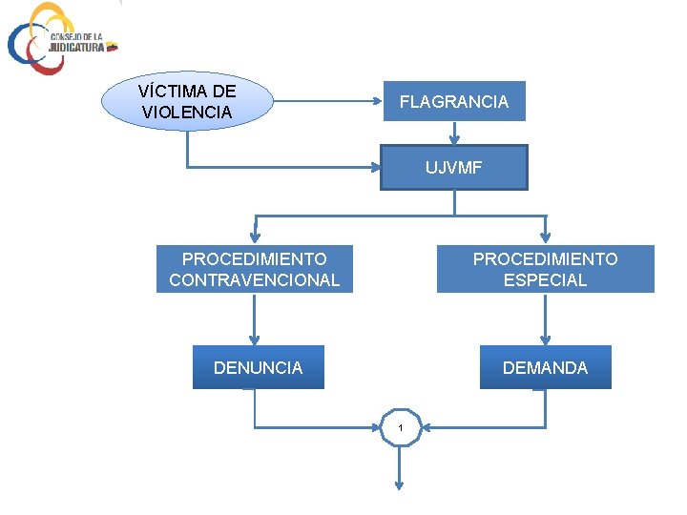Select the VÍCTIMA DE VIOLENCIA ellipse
187,101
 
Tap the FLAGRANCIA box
453,101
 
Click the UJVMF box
453,168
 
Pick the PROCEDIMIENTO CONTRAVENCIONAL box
254,269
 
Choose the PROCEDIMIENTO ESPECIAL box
545,269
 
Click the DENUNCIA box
258,367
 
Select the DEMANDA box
545,367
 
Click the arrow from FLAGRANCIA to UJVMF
454,134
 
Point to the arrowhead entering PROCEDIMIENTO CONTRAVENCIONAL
254,237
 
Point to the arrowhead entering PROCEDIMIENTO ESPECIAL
545,237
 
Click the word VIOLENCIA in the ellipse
187,112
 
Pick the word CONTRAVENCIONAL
254,279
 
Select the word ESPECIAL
545,279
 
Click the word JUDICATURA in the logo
76,46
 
